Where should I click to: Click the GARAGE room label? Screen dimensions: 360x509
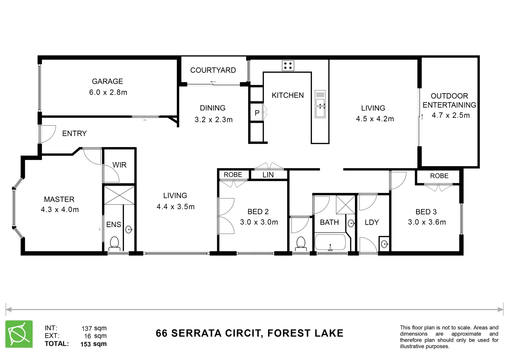[x=107, y=81]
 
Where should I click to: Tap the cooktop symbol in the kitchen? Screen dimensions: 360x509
[x=288, y=66]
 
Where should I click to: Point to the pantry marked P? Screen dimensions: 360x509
[x=257, y=113]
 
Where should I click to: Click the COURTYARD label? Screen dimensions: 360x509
[x=213, y=70]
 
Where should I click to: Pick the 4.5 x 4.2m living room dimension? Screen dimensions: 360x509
[x=375, y=119]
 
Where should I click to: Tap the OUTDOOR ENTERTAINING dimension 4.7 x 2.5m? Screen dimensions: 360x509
[x=450, y=115]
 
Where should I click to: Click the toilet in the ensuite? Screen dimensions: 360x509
[x=114, y=244]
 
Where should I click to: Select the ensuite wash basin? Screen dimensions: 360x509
[x=129, y=229]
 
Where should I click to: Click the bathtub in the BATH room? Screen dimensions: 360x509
[x=330, y=242]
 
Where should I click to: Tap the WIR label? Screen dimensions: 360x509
[x=119, y=165]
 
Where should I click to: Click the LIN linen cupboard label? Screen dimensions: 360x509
[x=268, y=175]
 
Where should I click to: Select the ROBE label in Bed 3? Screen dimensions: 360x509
[x=439, y=176]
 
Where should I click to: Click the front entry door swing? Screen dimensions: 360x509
[x=47, y=134]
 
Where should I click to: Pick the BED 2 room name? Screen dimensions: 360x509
[x=258, y=212]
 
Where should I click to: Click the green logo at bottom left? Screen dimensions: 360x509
[x=19, y=334]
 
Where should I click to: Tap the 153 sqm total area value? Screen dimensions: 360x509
[x=93, y=344]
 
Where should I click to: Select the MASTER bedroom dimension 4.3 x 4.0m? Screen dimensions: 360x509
[x=60, y=210]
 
